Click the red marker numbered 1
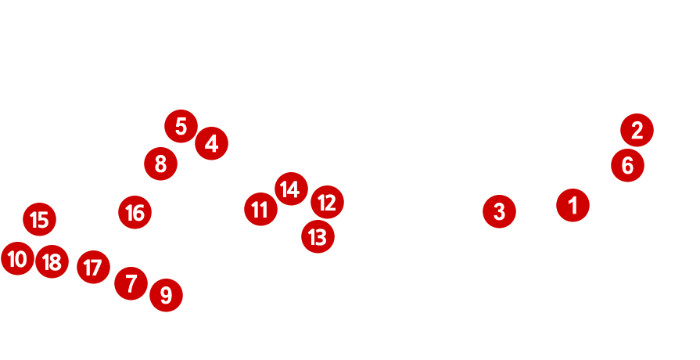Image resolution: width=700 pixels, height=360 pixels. pos(573,206)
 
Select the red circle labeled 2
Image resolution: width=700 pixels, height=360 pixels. pos(637,131)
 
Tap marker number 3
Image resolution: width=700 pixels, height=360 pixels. pos(499,211)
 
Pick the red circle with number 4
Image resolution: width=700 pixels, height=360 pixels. pos(211,143)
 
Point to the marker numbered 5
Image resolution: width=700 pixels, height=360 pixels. pos(181,126)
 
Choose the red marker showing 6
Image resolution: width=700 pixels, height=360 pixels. pos(627,165)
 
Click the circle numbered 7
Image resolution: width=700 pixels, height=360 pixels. pos(131,283)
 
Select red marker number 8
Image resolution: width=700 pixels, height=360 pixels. pos(160,164)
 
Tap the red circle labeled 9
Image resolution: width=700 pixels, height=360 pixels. pos(166,295)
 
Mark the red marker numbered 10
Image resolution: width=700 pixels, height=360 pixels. pos(17,258)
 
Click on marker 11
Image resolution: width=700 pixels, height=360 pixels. pos(260,209)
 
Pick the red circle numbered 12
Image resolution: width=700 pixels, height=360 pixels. pos(327,203)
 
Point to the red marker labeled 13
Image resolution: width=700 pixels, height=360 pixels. pos(318,236)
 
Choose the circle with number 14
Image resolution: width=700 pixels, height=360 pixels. pos(291,189)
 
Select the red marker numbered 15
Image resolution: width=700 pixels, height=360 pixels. pos(39,220)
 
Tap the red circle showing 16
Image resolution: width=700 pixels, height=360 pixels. pos(135,212)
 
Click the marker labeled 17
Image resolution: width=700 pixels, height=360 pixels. pos(93,268)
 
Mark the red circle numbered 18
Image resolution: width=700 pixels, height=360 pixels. pos(52,262)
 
